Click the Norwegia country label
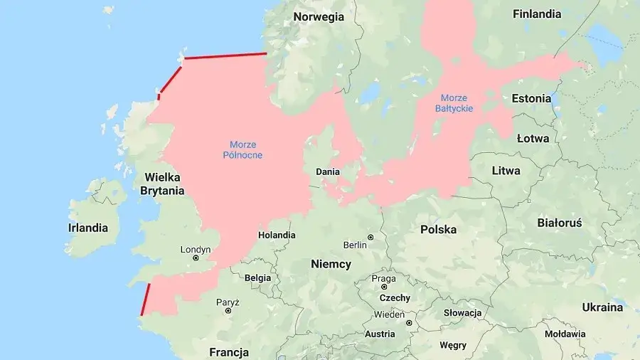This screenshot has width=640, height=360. point(319,17)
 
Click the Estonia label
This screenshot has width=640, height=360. point(531,98)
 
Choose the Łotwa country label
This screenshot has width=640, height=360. point(533,138)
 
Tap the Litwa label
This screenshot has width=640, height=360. point(506,171)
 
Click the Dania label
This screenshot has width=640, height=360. point(328,171)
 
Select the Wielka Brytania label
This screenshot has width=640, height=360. point(162,184)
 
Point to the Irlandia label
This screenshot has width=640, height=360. point(88,228)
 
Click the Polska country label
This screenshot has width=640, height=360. point(438,229)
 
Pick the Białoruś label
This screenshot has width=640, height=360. point(560,223)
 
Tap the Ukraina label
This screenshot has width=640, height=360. point(602,307)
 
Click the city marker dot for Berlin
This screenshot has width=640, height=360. point(370,237)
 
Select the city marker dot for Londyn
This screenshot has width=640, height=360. point(196,258)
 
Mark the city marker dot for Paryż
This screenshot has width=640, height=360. point(228,310)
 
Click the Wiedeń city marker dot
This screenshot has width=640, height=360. point(409,322)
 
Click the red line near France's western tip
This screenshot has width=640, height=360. point(146,299)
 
